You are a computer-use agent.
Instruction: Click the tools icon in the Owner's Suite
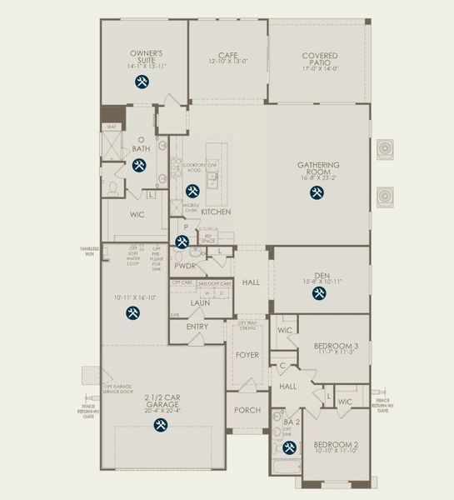click(x=141, y=82)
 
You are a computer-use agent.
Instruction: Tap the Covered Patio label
click(x=319, y=61)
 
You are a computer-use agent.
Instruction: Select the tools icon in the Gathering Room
click(x=317, y=192)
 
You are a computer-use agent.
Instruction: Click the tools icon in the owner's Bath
click(x=137, y=166)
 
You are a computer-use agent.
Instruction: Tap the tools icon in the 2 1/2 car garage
click(x=159, y=424)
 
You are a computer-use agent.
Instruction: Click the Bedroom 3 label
click(x=336, y=345)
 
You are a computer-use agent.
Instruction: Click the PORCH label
click(x=247, y=410)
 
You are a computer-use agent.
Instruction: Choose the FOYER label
click(x=247, y=353)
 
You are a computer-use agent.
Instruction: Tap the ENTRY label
click(x=197, y=327)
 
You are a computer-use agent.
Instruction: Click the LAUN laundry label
click(x=199, y=303)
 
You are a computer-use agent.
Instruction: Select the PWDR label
click(x=184, y=267)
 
